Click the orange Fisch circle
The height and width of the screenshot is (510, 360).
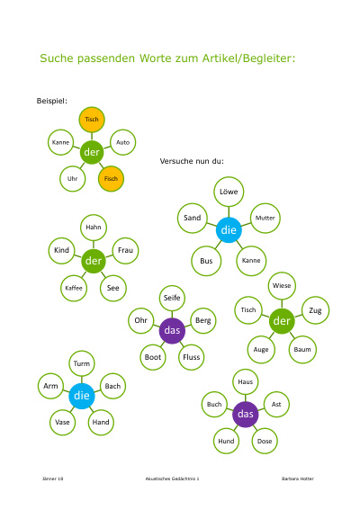click(111, 179)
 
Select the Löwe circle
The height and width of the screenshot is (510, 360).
click(229, 192)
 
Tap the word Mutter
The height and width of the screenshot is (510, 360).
click(265, 218)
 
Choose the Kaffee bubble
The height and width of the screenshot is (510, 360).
click(74, 288)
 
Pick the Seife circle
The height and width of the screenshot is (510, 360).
click(172, 298)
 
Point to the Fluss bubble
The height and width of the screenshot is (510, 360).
click(191, 357)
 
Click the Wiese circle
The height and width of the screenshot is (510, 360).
click(282, 285)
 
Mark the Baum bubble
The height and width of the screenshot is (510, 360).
click(302, 349)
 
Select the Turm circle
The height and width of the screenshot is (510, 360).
click(81, 363)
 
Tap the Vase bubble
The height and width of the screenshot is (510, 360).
click(62, 422)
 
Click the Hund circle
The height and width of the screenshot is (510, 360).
click(226, 441)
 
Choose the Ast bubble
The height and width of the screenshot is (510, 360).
click(276, 404)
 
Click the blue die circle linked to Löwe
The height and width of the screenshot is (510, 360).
click(229, 230)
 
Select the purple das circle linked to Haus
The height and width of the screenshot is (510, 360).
click(245, 414)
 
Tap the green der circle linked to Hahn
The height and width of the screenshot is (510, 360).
click(94, 261)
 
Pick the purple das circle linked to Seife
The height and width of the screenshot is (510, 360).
click(172, 330)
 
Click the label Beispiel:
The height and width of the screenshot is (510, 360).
click(52, 101)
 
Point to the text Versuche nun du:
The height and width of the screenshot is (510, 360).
click(192, 161)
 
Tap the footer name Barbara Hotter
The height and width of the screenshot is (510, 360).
click(298, 479)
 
